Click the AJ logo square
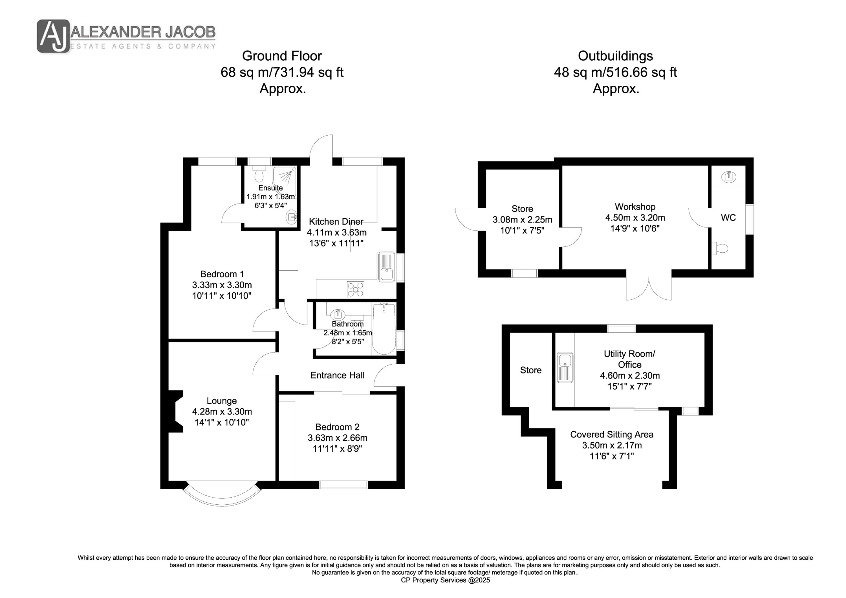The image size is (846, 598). click(53, 36)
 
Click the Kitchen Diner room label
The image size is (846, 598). click(336, 221)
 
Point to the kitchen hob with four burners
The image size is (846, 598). click(356, 289)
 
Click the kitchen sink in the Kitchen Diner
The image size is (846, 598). click(387, 267)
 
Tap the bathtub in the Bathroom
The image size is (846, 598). click(384, 329)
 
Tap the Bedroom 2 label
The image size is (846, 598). click(337, 427)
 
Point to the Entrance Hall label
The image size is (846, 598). click(337, 375)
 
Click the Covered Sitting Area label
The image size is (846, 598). click(612, 434)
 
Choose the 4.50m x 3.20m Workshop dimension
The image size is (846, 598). click(635, 218)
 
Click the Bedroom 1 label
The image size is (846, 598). click(222, 274)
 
